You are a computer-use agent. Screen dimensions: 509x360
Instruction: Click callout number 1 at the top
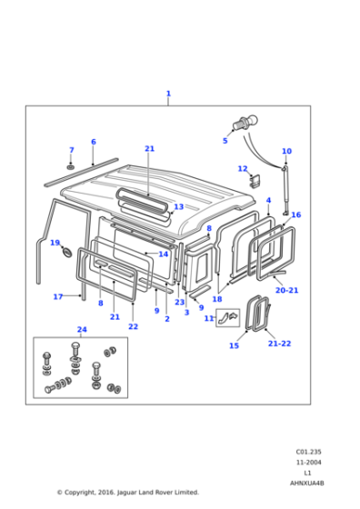pyautogui.click(x=168, y=94)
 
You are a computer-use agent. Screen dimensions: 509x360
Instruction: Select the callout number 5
pyautogui.click(x=225, y=141)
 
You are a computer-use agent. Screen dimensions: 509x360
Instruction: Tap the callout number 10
pyautogui.click(x=286, y=152)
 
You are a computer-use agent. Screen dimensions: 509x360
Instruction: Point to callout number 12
pyautogui.click(x=242, y=169)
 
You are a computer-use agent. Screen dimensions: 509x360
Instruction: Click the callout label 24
pyautogui.click(x=82, y=330)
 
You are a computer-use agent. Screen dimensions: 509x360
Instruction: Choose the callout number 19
pyautogui.click(x=55, y=243)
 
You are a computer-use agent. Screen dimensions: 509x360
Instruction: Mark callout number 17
pyautogui.click(x=57, y=296)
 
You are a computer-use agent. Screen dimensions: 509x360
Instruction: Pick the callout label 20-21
pyautogui.click(x=286, y=290)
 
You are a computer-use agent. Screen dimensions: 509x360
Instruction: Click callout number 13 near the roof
pyautogui.click(x=179, y=207)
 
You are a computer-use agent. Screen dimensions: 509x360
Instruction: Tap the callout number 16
pyautogui.click(x=295, y=215)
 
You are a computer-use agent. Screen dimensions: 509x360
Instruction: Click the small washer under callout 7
pyautogui.click(x=71, y=167)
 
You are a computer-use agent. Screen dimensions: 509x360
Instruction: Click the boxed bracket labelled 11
pyautogui.click(x=231, y=317)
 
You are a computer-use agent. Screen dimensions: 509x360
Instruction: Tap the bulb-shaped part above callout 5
pyautogui.click(x=243, y=124)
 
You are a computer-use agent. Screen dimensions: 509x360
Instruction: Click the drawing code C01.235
pyautogui.click(x=308, y=452)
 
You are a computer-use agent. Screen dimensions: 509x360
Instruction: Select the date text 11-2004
pyautogui.click(x=308, y=463)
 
